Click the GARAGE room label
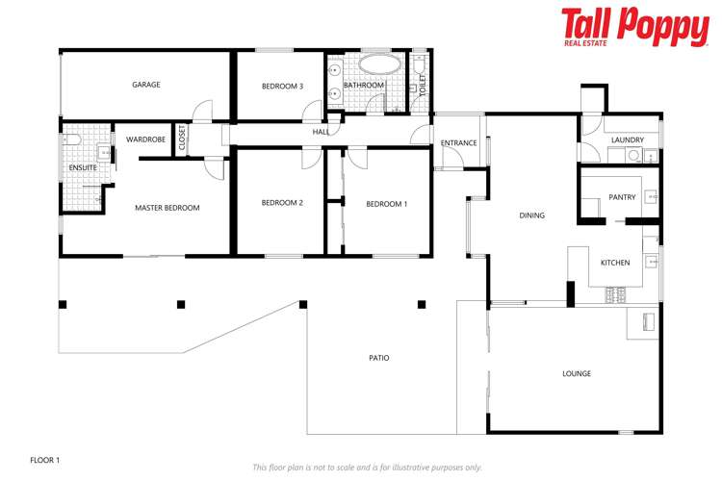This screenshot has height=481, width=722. point(146,85)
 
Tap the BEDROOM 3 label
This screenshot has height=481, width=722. point(282,87)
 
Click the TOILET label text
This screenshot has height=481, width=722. point(422,85)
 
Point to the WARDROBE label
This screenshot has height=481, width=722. point(145,139)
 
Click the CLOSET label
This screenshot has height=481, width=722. point(181,139)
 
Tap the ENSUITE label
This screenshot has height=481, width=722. point(82,168)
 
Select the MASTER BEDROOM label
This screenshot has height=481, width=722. point(168,208)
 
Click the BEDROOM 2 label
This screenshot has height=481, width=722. point(282,203)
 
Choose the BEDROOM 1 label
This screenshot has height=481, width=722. point(386,204)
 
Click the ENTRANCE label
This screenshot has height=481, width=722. point(458,143)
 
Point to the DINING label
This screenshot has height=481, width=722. point(532,215)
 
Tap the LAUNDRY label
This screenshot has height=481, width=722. point(627,140)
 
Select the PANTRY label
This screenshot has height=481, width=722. point(623,197)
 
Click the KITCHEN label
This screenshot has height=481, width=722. point(615,263)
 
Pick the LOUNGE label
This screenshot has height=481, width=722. point(577,373)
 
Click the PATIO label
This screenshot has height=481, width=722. point(379,358)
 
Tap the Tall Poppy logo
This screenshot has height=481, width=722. point(634,27)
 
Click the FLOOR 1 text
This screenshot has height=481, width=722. point(45,460)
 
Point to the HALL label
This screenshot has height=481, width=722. point(321,132)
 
